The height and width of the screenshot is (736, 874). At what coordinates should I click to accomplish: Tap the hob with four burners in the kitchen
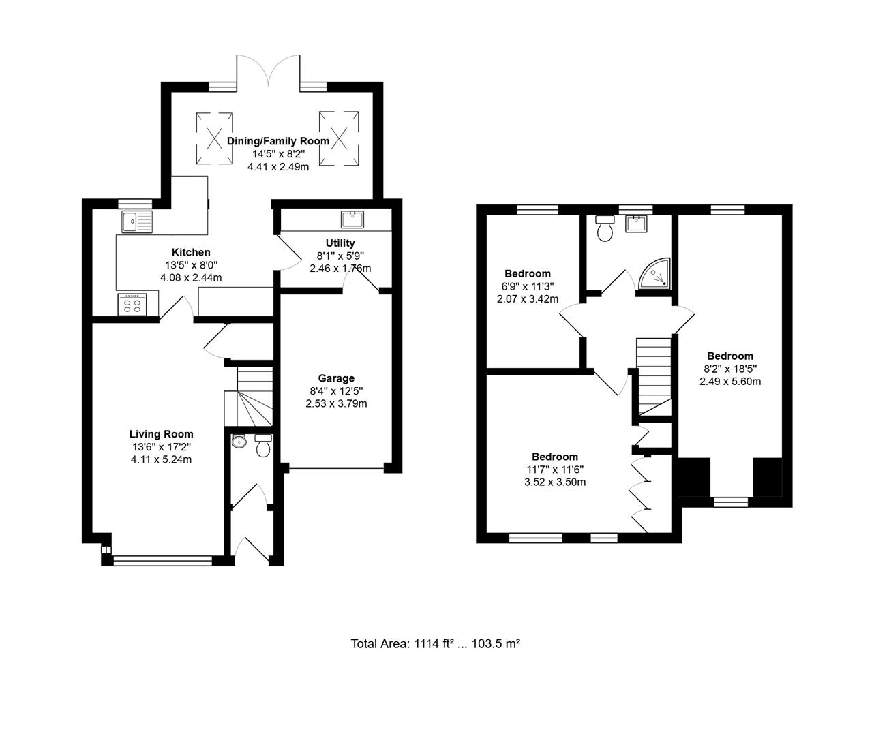point(133,304)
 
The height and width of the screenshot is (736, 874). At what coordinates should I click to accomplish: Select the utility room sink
point(352,219)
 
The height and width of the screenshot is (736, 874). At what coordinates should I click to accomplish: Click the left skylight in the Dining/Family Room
point(215,138)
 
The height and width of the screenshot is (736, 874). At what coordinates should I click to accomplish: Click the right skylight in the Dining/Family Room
point(338,138)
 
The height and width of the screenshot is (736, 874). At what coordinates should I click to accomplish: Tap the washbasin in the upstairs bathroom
point(635,223)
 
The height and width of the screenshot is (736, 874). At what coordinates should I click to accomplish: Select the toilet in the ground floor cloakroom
point(262,446)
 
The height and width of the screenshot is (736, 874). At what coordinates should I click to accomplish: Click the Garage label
point(336,378)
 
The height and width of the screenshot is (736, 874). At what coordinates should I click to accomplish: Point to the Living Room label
point(161,434)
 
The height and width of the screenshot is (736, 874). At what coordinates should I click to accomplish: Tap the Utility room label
point(340,243)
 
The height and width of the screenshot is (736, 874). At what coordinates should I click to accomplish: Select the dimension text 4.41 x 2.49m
point(278,166)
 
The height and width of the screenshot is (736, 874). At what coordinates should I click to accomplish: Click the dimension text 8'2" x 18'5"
point(730,369)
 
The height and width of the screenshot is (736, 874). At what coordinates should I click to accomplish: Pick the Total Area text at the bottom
point(436,643)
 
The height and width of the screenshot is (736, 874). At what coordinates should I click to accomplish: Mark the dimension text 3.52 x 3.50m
point(555,482)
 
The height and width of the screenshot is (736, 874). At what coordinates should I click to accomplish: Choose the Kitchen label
point(191,252)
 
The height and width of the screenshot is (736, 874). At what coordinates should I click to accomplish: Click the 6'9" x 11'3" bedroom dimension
point(528,286)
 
